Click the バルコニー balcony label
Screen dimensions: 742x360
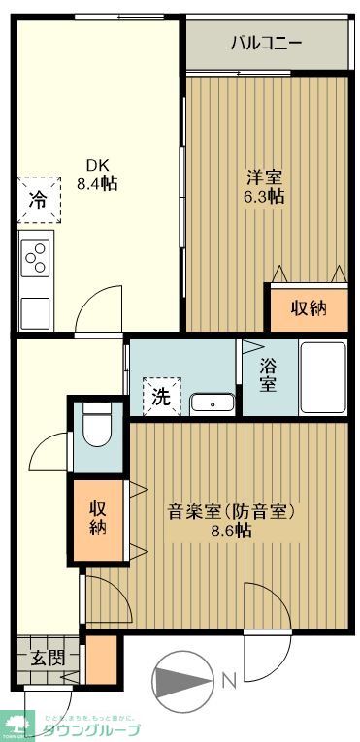[266, 44]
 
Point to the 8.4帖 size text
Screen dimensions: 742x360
[97, 183]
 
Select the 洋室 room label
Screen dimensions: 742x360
[263, 177]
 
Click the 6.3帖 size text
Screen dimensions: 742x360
[263, 196]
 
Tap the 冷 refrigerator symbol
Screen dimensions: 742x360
[37, 202]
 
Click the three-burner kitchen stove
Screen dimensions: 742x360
[35, 257]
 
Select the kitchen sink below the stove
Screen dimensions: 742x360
[35, 311]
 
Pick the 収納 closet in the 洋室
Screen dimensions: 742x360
[309, 307]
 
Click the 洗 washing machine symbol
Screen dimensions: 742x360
[160, 395]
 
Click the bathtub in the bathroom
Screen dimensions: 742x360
[323, 379]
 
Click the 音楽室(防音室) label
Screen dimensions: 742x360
[231, 511]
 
